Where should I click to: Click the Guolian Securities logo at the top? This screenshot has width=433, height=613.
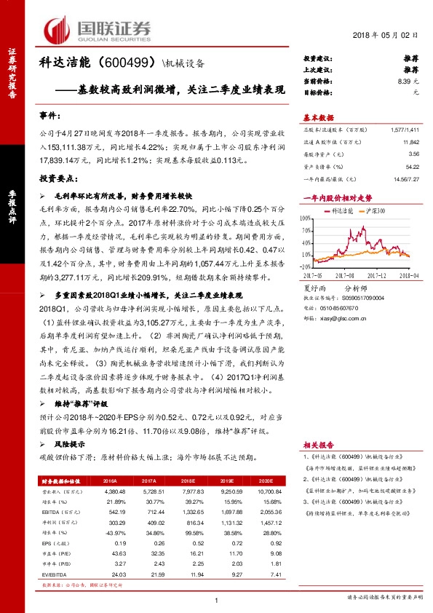pyautogui.click(x=98, y=28)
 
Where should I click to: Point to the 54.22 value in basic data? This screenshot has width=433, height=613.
pyautogui.click(x=412, y=166)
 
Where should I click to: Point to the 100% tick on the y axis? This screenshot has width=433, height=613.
pyautogui.click(x=306, y=217)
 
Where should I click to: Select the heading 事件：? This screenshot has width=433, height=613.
pyautogui.click(x=50, y=116)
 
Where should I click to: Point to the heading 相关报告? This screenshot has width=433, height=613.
pyautogui.click(x=318, y=443)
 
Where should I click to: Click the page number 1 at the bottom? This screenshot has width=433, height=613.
pyautogui.click(x=217, y=599)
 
